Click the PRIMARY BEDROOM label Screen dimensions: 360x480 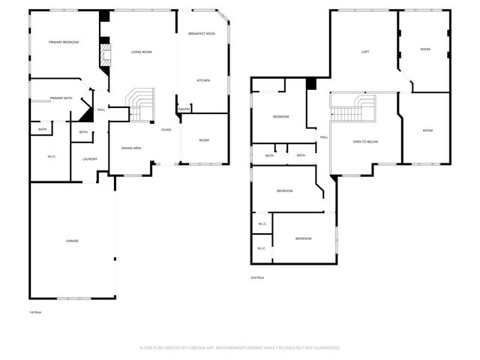(x=64, y=42)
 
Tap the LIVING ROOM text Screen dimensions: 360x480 (x=142, y=52)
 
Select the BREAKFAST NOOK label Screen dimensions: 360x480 (x=202, y=33)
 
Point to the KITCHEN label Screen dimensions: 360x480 (x=203, y=80)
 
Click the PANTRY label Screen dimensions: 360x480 (x=184, y=109)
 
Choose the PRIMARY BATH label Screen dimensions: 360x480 (x=61, y=98)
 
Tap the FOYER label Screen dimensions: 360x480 (x=166, y=130)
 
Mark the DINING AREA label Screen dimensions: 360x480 (x=131, y=148)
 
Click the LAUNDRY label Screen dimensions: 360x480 (x=90, y=159)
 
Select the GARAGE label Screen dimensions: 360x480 (x=72, y=241)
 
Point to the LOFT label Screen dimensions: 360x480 (x=365, y=52)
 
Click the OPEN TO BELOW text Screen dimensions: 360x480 (x=365, y=141)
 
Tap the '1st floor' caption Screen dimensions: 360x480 (x=36, y=311)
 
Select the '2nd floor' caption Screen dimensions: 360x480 (x=257, y=277)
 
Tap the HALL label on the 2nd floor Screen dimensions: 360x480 (x=324, y=137)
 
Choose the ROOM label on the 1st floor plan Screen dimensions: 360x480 (x=204, y=140)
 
